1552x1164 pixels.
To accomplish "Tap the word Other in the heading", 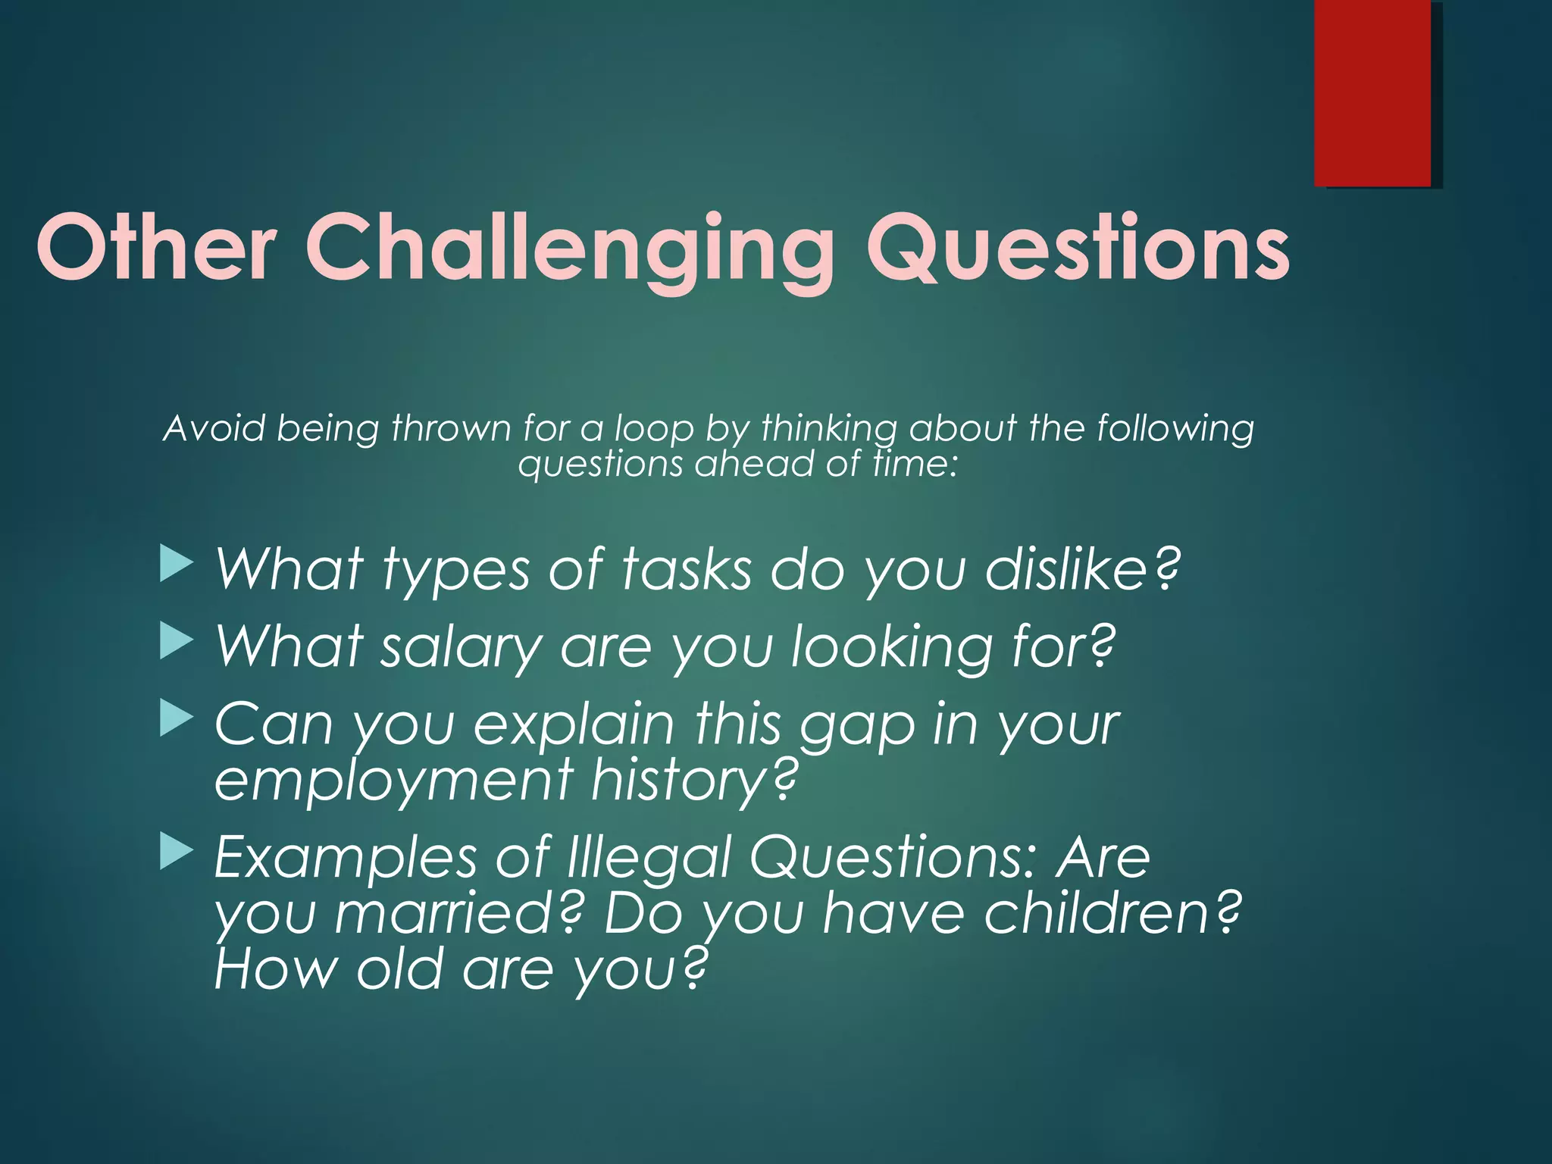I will [156, 247].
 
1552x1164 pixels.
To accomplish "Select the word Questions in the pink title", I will [1078, 247].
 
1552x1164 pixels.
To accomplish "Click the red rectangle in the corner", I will [1372, 92].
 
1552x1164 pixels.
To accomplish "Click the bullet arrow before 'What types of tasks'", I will [177, 565].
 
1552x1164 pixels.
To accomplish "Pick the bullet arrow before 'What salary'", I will [177, 643].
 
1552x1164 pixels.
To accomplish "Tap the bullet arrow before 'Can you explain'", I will [177, 719].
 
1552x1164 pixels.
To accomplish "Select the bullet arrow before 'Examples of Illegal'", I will [177, 853].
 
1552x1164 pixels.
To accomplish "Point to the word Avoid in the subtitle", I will [214, 428].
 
